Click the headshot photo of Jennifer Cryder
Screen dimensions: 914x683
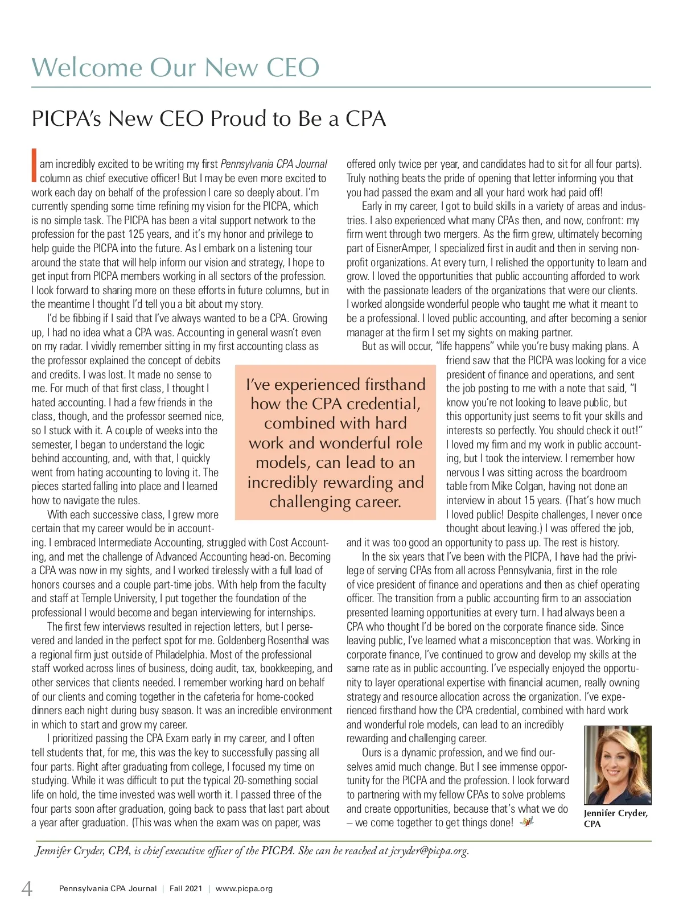(x=618, y=764)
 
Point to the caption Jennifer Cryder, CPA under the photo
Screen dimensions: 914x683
(x=615, y=818)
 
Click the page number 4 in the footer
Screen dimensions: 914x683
(x=26, y=888)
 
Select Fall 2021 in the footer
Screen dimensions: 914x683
(x=186, y=888)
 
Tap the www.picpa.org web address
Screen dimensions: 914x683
(x=244, y=888)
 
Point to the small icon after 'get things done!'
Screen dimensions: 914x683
(x=527, y=822)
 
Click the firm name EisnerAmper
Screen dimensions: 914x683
(x=402, y=248)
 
